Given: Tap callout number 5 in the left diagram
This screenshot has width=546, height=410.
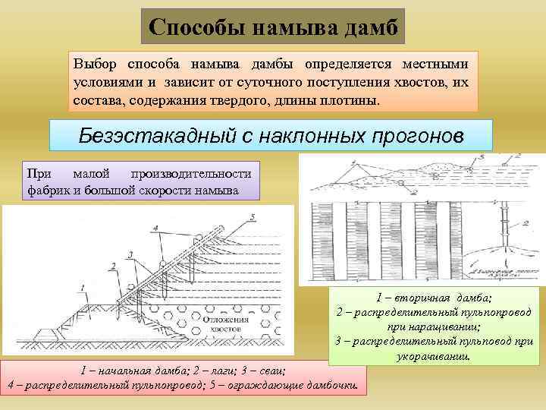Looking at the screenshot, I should pyautogui.click(x=251, y=218).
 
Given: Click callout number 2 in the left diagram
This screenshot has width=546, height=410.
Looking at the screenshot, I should pyautogui.click(x=112, y=265).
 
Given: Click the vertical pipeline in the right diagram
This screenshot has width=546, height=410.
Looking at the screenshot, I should pyautogui.click(x=503, y=228).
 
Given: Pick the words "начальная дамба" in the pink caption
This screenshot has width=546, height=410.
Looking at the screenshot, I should pyautogui.click(x=148, y=371).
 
